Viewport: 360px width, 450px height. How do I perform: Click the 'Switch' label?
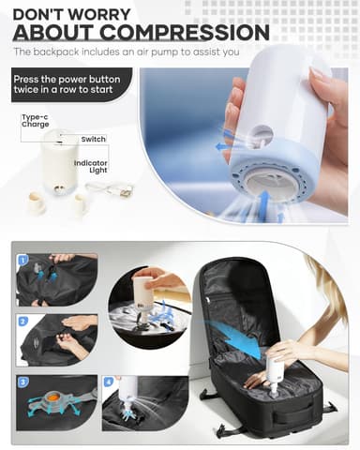click(94, 139)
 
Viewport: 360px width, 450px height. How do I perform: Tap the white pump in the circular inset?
click(143, 290)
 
